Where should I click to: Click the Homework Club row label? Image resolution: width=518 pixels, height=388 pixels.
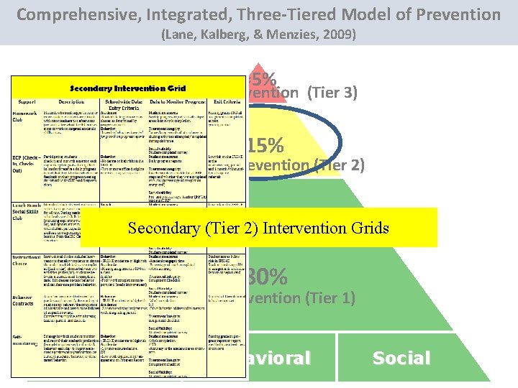[x=25, y=116]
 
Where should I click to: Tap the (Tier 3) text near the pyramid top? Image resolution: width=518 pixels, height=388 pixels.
[x=332, y=92]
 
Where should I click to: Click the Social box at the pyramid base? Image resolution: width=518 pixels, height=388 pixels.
[x=401, y=358]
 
